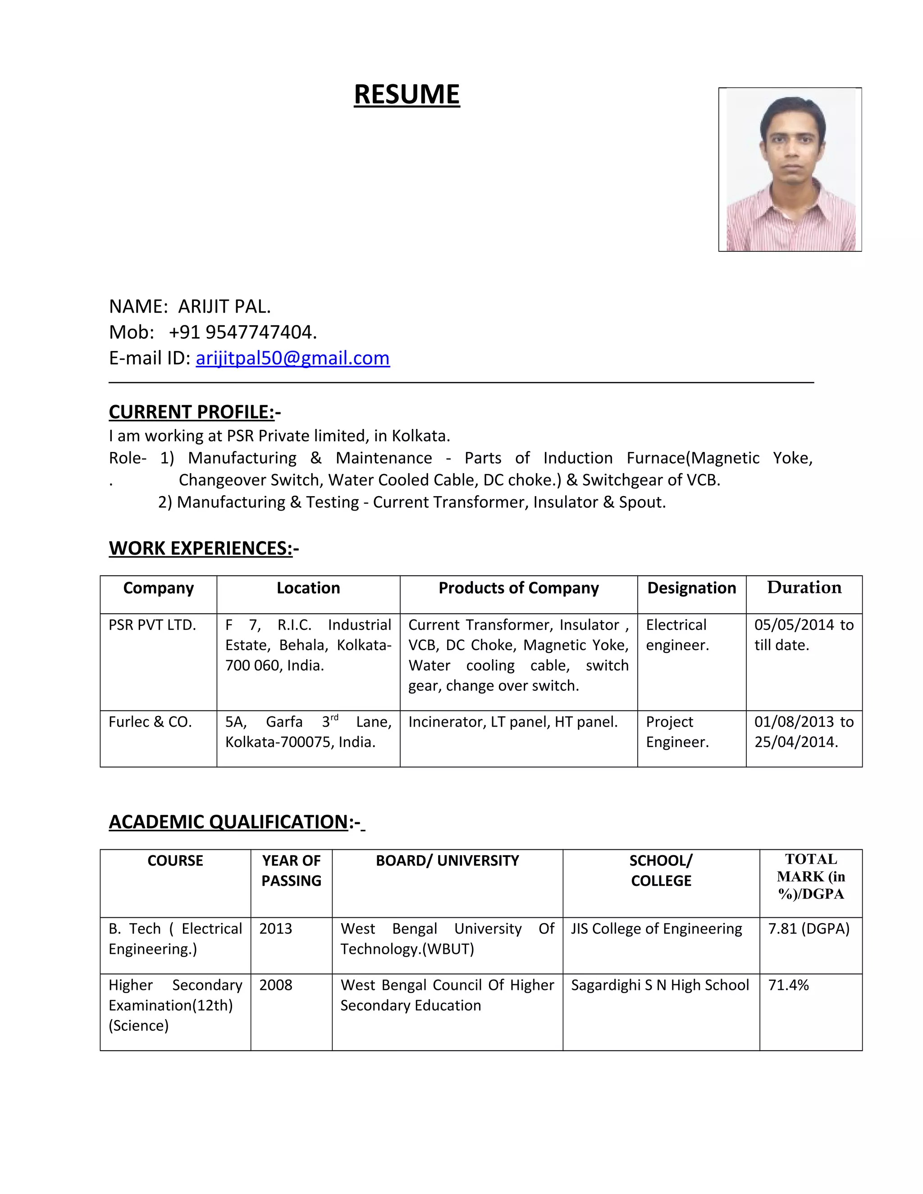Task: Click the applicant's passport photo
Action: coord(790,169)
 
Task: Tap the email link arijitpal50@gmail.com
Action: coord(292,358)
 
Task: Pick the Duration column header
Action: coord(804,588)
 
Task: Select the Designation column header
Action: coord(691,588)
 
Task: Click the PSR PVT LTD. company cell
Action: coord(153,625)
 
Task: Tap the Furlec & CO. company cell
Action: coord(151,722)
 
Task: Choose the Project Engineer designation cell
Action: coord(677,732)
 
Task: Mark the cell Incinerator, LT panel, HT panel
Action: coord(513,722)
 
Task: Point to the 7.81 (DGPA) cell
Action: coord(809,929)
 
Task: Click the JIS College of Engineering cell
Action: coord(656,929)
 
